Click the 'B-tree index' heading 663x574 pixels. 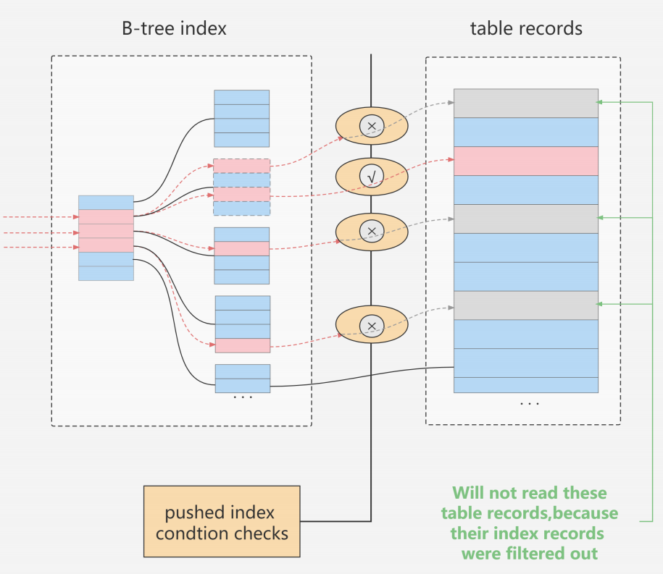coord(174,28)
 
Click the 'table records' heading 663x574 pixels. coord(526,28)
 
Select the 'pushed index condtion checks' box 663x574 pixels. coord(222,521)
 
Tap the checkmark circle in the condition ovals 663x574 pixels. coord(372,176)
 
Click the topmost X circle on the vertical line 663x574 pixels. coord(372,126)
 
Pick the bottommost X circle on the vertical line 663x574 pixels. coord(372,326)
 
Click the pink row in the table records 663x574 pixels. coord(526,161)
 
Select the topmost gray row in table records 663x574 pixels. coord(526,103)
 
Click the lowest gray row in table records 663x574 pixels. coord(526,305)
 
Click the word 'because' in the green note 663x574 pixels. coord(585,513)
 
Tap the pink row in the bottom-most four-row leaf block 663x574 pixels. coord(243,345)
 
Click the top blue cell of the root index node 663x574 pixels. coord(106,203)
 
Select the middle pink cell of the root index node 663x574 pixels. coord(106,231)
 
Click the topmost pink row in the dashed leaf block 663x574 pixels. coord(242,166)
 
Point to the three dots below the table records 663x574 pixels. coord(530,404)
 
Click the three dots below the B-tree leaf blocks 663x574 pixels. coord(243,397)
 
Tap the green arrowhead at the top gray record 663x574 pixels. coord(599,102)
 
